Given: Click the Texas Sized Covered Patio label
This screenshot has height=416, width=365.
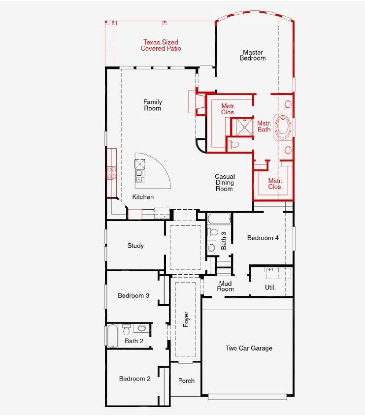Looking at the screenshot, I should click(161, 45).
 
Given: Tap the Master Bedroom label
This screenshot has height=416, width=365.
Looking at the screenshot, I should click(252, 55).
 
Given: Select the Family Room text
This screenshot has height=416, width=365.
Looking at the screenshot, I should click(153, 105).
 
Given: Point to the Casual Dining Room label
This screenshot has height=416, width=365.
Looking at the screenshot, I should click(225, 182).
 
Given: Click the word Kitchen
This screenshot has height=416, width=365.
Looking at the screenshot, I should click(143, 197).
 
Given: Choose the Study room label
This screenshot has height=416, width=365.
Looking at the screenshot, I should click(135, 246).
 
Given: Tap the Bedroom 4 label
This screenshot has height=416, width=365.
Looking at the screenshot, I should click(263, 238).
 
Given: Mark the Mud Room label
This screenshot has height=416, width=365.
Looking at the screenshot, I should click(226, 286).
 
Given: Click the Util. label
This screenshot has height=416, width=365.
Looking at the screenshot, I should click(270, 288).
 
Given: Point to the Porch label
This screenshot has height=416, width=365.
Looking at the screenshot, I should click(186, 381).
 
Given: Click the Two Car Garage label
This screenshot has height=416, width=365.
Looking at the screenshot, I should click(249, 349).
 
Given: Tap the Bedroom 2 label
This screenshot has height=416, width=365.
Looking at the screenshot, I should click(134, 379).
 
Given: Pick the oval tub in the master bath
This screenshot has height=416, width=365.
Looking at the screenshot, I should click(283, 127).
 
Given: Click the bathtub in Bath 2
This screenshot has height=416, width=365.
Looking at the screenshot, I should click(112, 336).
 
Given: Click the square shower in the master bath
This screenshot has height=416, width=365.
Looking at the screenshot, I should click(241, 127).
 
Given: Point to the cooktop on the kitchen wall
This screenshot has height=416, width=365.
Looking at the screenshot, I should click(111, 172).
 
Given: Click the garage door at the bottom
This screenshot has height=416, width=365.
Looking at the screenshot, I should click(248, 395).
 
